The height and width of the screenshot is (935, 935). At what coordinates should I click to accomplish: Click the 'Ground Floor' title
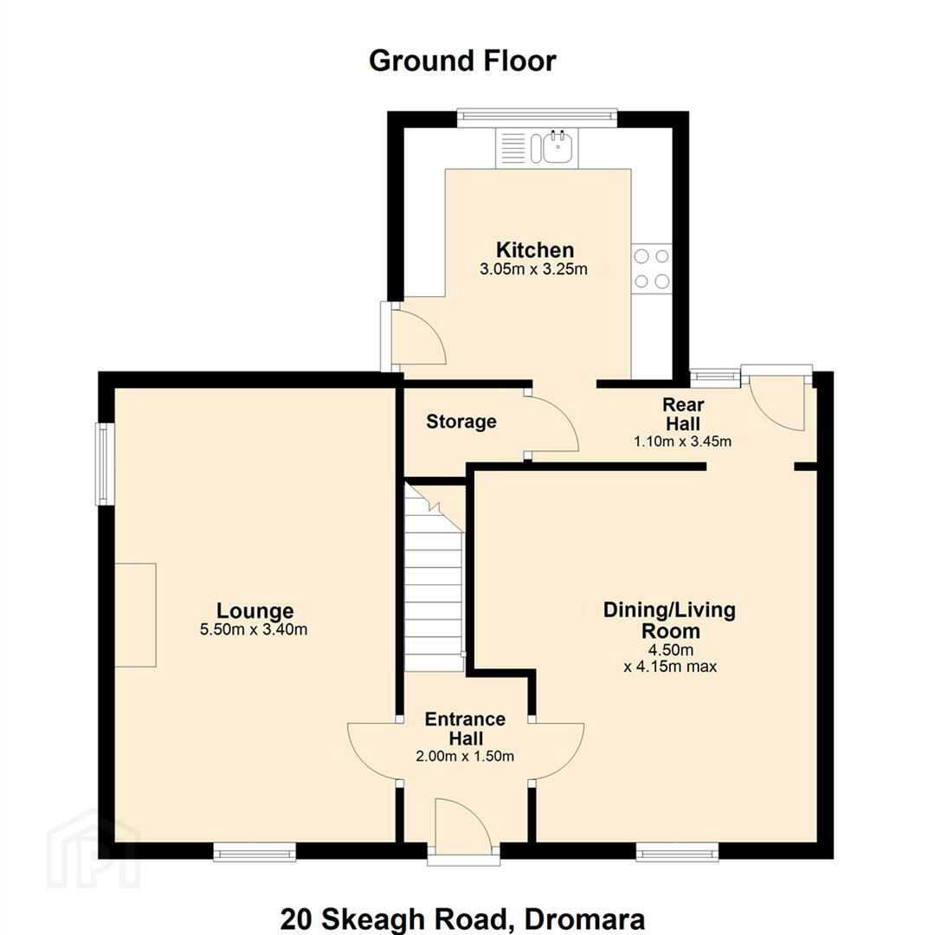tap(462, 61)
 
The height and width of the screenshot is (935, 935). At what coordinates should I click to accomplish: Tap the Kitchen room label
tap(535, 249)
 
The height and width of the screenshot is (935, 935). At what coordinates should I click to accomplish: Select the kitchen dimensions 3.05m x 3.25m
tap(533, 269)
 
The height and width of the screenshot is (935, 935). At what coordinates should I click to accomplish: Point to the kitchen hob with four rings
tap(652, 268)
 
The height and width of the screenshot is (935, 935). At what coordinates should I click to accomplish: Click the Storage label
tap(461, 422)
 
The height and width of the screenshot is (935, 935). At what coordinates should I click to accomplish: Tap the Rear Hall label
tap(683, 415)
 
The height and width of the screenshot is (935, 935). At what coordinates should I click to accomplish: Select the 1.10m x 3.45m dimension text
tap(682, 442)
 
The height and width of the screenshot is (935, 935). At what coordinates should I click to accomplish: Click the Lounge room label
tap(255, 610)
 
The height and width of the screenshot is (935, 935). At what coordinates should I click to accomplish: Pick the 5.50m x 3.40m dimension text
tap(254, 629)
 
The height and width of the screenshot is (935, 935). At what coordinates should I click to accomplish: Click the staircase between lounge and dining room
tap(434, 577)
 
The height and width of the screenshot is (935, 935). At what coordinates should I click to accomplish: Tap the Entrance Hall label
tap(465, 728)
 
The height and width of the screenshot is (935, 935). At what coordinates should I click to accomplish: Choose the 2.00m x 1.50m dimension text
tap(465, 756)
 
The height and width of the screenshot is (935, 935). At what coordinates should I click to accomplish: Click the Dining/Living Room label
tap(669, 620)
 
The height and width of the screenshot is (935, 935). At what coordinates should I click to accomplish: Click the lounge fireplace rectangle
tap(135, 615)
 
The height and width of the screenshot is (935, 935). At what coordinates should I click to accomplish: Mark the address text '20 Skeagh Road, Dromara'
tap(462, 919)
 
